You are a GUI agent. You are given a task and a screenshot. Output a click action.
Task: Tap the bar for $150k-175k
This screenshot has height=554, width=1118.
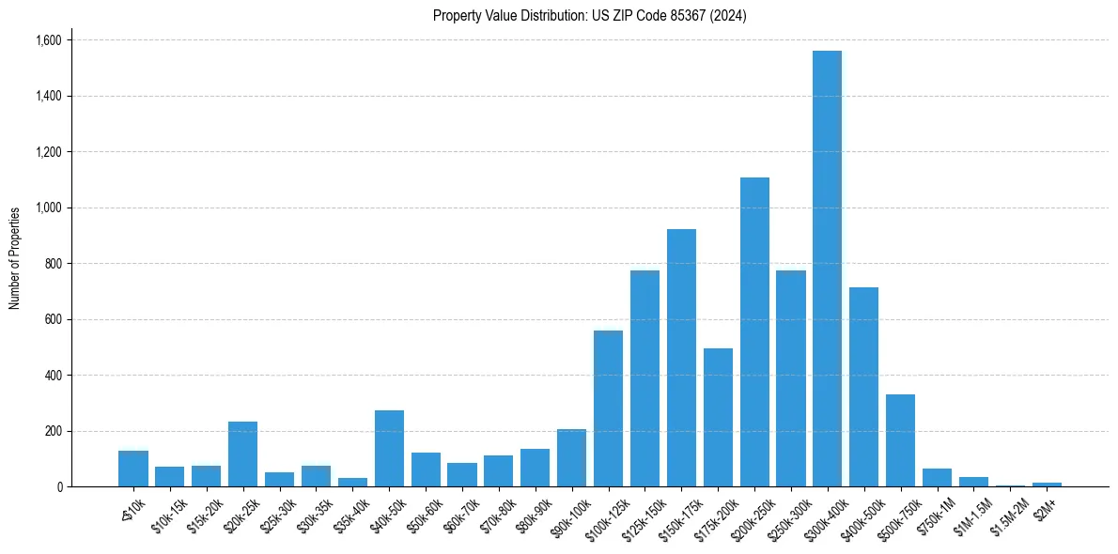click(x=681, y=358)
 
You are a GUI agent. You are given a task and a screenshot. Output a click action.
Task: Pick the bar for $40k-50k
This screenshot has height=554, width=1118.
click(x=389, y=448)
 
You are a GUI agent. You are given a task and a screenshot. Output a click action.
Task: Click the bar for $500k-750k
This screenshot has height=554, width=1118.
click(x=900, y=440)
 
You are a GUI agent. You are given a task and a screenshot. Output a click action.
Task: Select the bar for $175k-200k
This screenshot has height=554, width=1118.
click(x=718, y=417)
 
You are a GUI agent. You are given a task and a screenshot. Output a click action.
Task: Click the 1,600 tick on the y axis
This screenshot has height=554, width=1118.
click(x=48, y=40)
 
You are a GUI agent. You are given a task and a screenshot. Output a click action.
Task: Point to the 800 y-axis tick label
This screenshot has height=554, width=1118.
click(x=53, y=264)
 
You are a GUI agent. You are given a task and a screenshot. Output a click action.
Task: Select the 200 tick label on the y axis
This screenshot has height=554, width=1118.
click(x=53, y=431)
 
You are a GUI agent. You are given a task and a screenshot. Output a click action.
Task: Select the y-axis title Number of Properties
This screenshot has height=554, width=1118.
click(x=15, y=257)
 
